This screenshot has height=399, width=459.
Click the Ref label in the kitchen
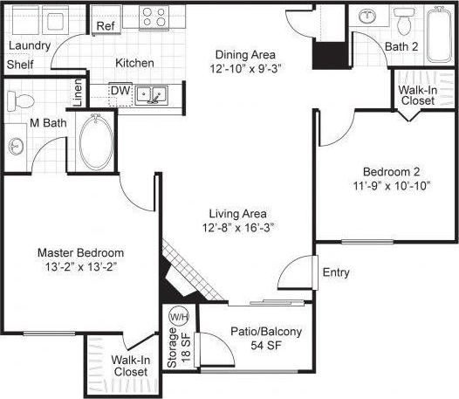106,26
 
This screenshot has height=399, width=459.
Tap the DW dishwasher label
120,89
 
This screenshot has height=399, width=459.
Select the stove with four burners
154,18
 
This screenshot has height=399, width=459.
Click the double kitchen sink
154,93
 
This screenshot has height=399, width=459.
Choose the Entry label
336,272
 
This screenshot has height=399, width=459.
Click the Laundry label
29,45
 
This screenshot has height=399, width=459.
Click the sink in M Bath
17,145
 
